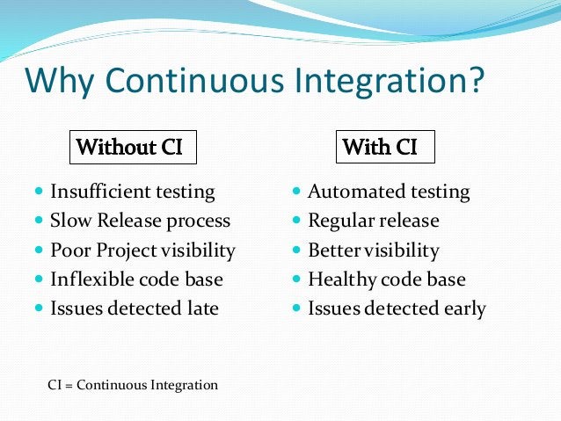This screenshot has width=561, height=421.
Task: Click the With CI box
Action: pyautogui.click(x=384, y=147)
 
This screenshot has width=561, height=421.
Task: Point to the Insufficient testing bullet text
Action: pyautogui.click(x=132, y=192)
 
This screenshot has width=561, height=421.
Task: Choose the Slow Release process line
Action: pyautogui.click(x=140, y=221)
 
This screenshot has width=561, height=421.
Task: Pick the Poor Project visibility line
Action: pyautogui.click(x=142, y=250)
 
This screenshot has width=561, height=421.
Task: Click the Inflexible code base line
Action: pyautogui.click(x=136, y=279)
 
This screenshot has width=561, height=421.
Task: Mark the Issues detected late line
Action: pyautogui.click(x=134, y=308)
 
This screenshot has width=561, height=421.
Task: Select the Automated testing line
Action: pyautogui.click(x=388, y=192)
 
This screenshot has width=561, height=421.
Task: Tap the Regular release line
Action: pyautogui.click(x=373, y=221)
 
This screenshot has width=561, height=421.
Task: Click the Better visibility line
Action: pyautogui.click(x=373, y=250)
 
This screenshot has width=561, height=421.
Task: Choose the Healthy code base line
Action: pyautogui.click(x=386, y=279)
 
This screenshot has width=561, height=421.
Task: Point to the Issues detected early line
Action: pyautogui.click(x=396, y=308)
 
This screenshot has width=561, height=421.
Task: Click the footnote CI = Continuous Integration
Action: pyautogui.click(x=132, y=385)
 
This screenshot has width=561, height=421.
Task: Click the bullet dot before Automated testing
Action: pyautogui.click(x=296, y=192)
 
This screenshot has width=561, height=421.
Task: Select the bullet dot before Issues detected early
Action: pyautogui.click(x=296, y=308)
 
